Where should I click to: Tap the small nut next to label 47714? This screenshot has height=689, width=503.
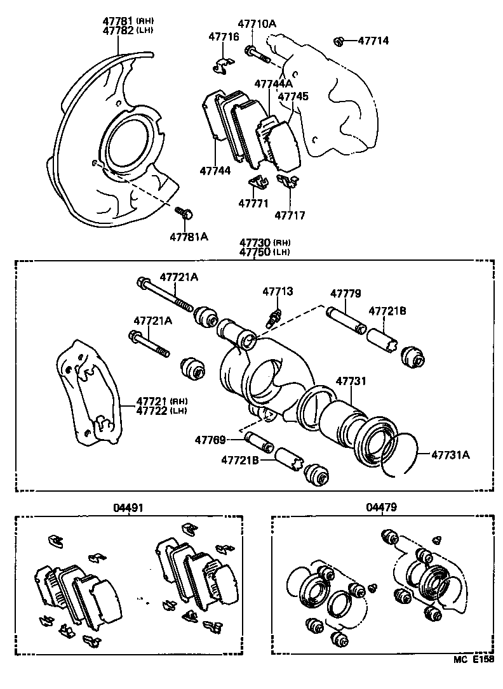pyautogui.click(x=339, y=42)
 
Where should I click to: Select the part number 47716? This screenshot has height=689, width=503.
pyautogui.click(x=224, y=37)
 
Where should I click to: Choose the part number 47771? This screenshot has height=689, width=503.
pyautogui.click(x=253, y=203)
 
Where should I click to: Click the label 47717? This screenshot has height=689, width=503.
pyautogui.click(x=290, y=216)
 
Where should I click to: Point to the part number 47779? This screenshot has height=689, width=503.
pyautogui.click(x=345, y=294)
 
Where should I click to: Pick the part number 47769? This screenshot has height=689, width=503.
pyautogui.click(x=210, y=440)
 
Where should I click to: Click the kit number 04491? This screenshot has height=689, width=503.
pyautogui.click(x=128, y=508)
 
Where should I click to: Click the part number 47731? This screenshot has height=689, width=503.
pyautogui.click(x=351, y=381)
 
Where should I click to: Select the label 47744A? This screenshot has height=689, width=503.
pyautogui.click(x=273, y=83)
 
